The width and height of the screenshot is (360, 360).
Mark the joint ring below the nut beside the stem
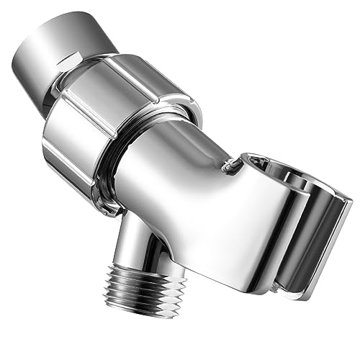coord(108,209)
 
